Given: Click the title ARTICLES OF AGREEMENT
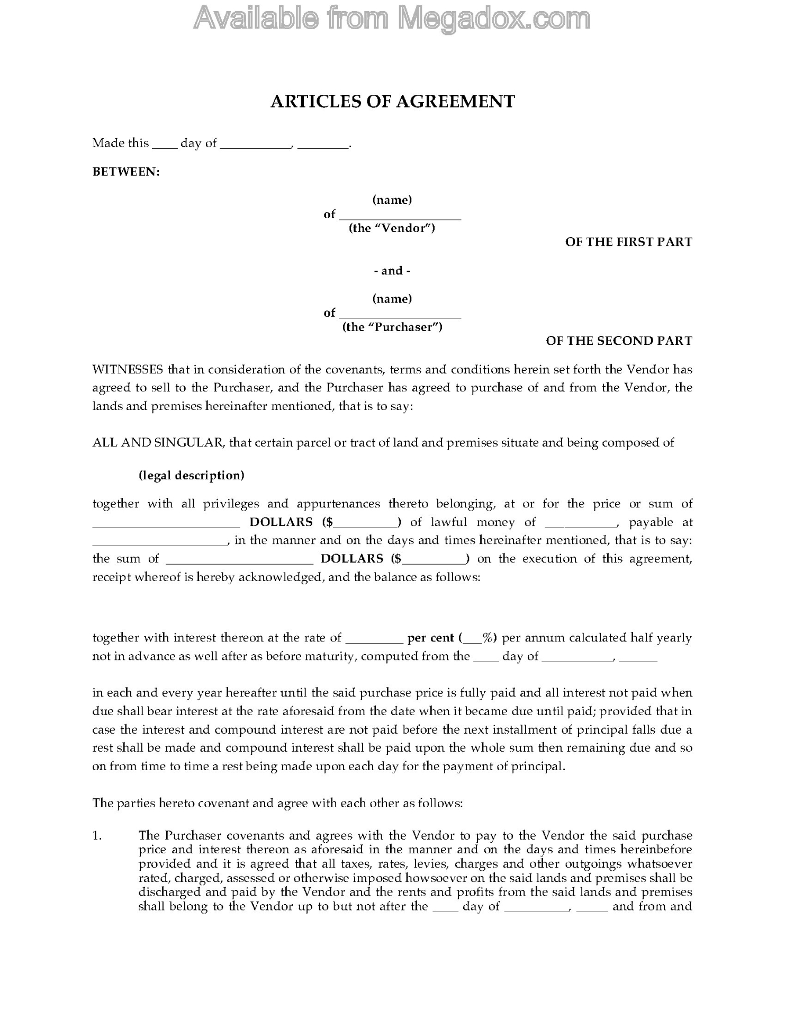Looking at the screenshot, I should [392, 101].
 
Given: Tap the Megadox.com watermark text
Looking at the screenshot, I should [392, 19].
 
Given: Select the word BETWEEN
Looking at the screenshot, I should [125, 172].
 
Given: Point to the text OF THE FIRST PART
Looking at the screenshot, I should [628, 242].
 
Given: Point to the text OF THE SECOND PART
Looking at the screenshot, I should [619, 341].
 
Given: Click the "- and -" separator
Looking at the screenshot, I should [392, 271].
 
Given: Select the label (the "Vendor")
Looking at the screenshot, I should [392, 228].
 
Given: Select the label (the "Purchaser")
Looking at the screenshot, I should [392, 327].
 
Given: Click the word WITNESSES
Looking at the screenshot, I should [128, 369].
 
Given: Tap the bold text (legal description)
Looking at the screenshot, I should [191, 475].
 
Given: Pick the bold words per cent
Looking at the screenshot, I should [430, 638].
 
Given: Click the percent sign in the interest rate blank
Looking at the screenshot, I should [488, 638].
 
